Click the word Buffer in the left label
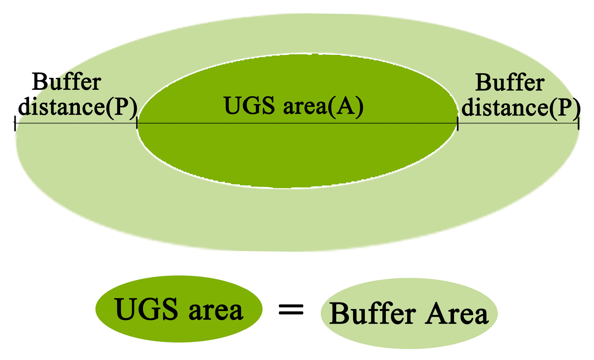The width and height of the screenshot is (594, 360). pos(67,82)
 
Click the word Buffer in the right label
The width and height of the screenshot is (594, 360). pos(510,83)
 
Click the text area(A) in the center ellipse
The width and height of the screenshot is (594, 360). pos(323,106)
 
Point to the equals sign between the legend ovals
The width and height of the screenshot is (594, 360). pos(291,310)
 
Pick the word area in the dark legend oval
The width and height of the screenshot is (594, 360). pos(216,311)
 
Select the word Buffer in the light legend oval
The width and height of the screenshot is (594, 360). pos(373,314)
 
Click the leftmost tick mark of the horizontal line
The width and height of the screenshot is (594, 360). pos(15,123)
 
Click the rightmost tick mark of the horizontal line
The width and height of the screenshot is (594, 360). pos(578,123)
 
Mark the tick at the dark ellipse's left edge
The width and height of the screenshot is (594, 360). pos(137,123)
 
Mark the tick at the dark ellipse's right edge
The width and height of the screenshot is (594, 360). pos(457,123)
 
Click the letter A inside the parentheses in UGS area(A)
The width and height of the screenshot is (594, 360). pos(346,106)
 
